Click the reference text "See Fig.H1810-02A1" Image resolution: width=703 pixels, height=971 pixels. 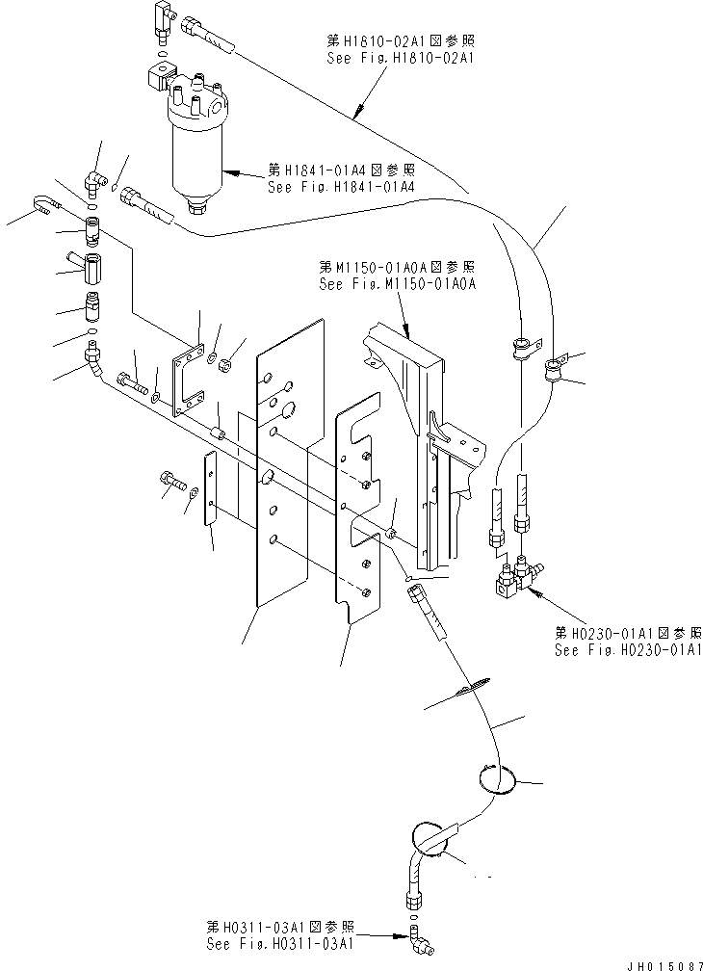pyautogui.click(x=400, y=58)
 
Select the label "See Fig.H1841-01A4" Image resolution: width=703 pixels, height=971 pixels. pyautogui.click(x=341, y=187)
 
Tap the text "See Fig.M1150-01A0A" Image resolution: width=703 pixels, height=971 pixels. pyautogui.click(x=398, y=284)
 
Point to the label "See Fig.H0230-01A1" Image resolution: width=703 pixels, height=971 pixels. pyautogui.click(x=628, y=650)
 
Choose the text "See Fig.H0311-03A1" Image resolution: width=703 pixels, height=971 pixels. pyautogui.click(x=280, y=944)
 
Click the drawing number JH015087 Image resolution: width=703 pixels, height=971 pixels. pyautogui.click(x=664, y=965)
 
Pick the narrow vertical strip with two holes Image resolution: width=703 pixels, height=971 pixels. pyautogui.click(x=211, y=489)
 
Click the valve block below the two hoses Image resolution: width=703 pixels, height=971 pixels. pyautogui.click(x=513, y=582)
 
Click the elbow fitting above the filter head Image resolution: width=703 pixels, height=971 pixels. pyautogui.click(x=163, y=18)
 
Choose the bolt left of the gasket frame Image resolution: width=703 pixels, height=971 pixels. pyautogui.click(x=131, y=381)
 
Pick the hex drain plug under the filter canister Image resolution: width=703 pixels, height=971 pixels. pyautogui.click(x=196, y=208)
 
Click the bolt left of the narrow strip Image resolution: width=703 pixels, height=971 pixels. pyautogui.click(x=172, y=481)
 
